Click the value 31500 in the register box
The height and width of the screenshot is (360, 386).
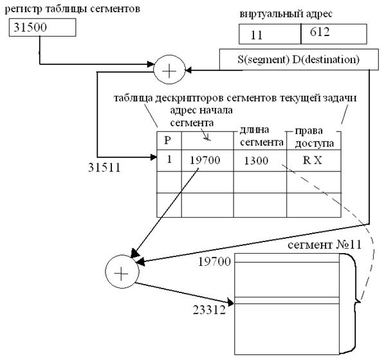tap(30, 27)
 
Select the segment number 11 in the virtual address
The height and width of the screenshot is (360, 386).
tap(257, 35)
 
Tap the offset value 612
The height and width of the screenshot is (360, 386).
tap(320, 32)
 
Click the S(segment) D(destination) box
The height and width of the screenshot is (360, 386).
tap(299, 59)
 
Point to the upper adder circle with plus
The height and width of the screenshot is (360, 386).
tap(169, 70)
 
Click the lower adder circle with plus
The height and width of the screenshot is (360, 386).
tap(122, 271)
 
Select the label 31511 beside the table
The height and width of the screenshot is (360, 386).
tap(104, 168)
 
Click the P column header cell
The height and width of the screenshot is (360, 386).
tap(169, 140)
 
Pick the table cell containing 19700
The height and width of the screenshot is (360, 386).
tap(207, 160)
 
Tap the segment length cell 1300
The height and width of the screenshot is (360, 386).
tap(260, 160)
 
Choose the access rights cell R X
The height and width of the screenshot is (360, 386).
tap(314, 160)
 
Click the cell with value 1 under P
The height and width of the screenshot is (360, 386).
tap(169, 160)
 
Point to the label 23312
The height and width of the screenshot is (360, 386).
tap(209, 310)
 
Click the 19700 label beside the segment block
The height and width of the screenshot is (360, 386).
tap(214, 261)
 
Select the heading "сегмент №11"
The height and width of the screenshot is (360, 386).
tap(324, 245)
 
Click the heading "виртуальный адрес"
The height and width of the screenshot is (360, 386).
tap(286, 14)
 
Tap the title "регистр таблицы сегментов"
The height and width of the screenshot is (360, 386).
tap(72, 9)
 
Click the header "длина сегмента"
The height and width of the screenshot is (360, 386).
tap(261, 136)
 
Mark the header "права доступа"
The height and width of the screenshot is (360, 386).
tap(315, 137)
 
